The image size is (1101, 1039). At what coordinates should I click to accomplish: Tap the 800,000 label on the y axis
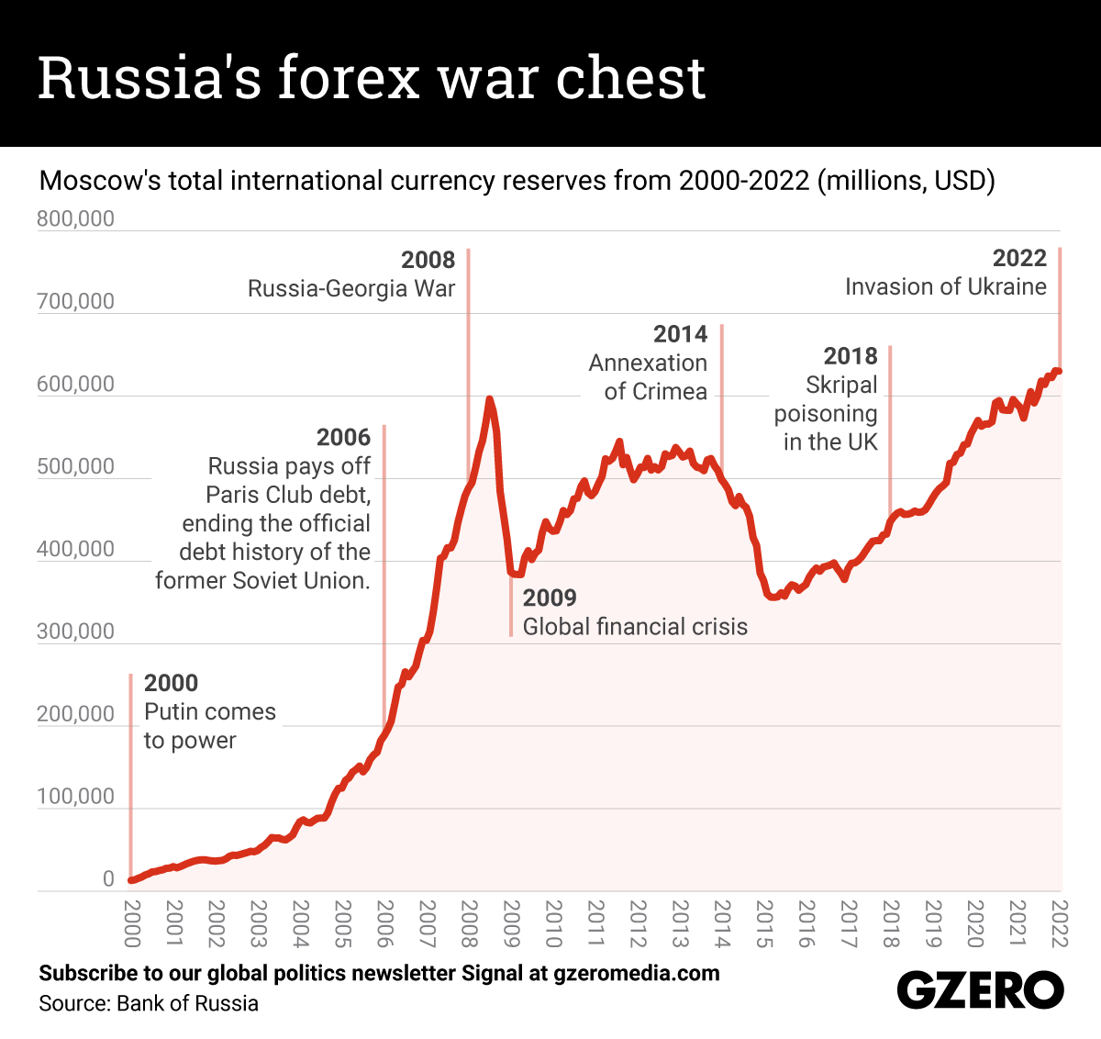coord(76,218)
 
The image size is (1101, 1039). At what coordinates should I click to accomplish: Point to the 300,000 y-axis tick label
coord(76,631)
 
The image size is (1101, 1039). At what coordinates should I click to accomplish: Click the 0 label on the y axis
coord(108,879)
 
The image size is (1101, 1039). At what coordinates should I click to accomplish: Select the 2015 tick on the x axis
coord(764,923)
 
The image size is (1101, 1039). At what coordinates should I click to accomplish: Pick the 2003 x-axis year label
coord(258,923)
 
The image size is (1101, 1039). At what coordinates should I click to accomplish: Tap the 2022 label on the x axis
coord(1060,923)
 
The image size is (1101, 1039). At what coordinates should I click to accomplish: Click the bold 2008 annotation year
coord(428,260)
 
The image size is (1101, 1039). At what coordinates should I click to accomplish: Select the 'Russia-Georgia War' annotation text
coord(351,289)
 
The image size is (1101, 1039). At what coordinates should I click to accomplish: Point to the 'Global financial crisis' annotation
coord(635,627)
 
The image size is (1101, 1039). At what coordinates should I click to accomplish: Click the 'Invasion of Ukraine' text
coord(945,287)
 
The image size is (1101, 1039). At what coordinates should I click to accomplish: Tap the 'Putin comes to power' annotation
coord(209,726)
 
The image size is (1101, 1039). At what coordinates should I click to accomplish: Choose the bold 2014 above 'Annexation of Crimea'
coord(680,334)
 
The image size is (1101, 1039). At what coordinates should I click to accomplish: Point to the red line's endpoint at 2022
coord(1058,371)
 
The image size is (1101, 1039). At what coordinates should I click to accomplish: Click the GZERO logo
coord(979,990)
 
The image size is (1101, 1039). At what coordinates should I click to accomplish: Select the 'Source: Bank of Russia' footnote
coord(149,1003)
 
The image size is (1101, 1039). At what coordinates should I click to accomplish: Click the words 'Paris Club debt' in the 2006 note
coord(287,495)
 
